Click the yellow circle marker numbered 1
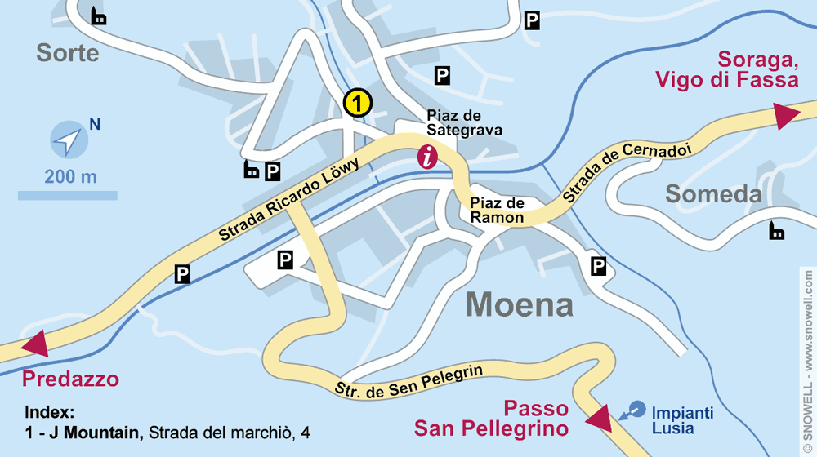(x=358, y=103)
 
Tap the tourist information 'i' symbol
(x=427, y=157)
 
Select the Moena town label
(x=520, y=304)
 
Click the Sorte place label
(x=68, y=54)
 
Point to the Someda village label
(x=712, y=194)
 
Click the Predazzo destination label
(x=70, y=379)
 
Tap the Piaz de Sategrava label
(x=464, y=122)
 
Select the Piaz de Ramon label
(x=497, y=210)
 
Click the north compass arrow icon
(x=69, y=140)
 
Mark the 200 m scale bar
(x=67, y=195)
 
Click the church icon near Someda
(x=776, y=232)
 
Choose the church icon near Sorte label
(x=99, y=16)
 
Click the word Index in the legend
(x=50, y=412)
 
